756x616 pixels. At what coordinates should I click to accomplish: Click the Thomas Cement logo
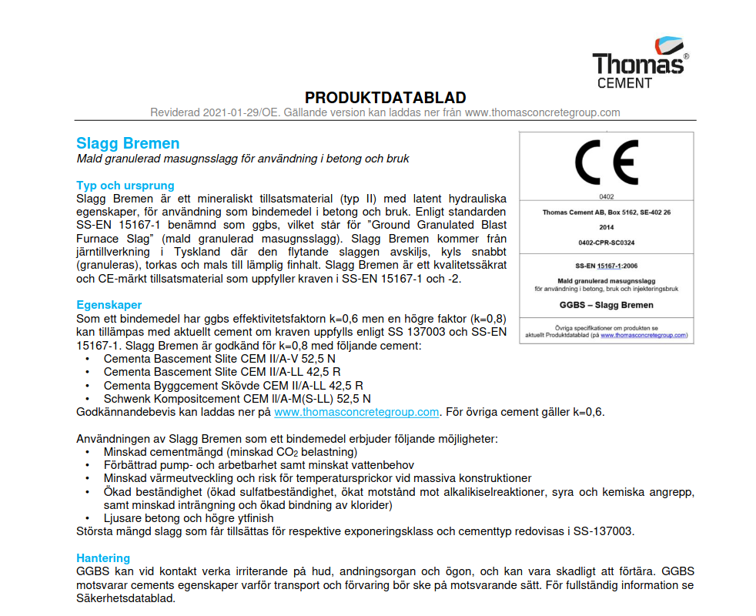click(638, 62)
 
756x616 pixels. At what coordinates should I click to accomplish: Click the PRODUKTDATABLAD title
click(385, 98)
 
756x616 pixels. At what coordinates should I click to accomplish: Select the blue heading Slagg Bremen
click(128, 143)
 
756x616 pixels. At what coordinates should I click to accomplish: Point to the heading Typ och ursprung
click(125, 186)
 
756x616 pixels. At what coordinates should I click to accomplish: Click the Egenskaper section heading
click(109, 305)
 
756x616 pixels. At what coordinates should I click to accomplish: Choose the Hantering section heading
click(103, 557)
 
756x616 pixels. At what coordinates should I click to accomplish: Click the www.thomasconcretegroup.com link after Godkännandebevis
click(356, 412)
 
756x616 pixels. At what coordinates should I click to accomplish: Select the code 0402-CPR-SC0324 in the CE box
click(606, 243)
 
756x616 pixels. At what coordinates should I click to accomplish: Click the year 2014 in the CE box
click(606, 227)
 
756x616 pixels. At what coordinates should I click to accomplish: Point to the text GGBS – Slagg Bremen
click(606, 305)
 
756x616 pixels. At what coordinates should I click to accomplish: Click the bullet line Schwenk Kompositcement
click(237, 398)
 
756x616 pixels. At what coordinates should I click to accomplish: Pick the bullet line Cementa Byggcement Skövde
click(234, 385)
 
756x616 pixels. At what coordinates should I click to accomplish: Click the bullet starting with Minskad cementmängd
click(231, 452)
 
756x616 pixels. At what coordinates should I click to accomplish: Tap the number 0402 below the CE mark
click(606, 197)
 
